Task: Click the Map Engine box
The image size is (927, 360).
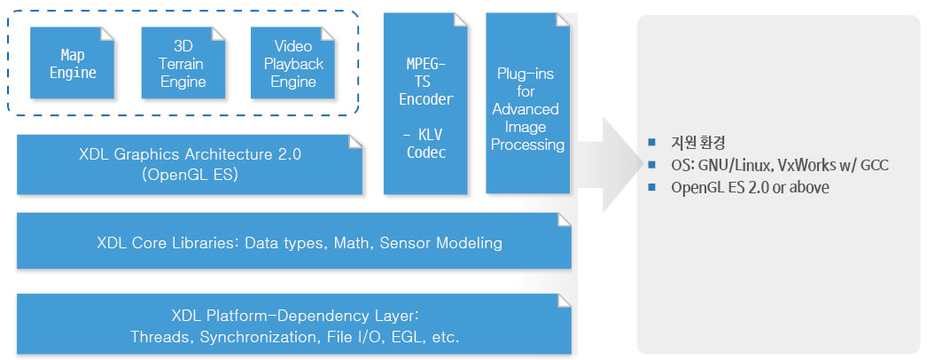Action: (72, 63)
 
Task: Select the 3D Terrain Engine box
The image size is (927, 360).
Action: (183, 63)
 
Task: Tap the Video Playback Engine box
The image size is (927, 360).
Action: (292, 63)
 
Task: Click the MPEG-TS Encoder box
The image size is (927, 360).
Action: (425, 104)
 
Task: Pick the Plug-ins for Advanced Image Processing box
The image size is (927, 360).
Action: (528, 104)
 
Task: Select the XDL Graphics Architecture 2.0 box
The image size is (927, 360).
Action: (189, 164)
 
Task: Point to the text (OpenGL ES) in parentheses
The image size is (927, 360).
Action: (190, 175)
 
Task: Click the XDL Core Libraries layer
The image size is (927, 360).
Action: (294, 241)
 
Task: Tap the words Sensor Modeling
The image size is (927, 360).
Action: (440, 243)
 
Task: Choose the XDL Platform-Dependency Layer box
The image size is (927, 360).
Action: (294, 324)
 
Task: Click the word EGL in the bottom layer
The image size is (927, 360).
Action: (407, 338)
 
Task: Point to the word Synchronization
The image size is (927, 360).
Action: (260, 338)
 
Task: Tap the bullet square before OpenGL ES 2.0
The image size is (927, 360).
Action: (652, 187)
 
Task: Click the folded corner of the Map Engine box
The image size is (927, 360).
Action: (107, 34)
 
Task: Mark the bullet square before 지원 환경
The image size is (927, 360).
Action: (652, 142)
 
